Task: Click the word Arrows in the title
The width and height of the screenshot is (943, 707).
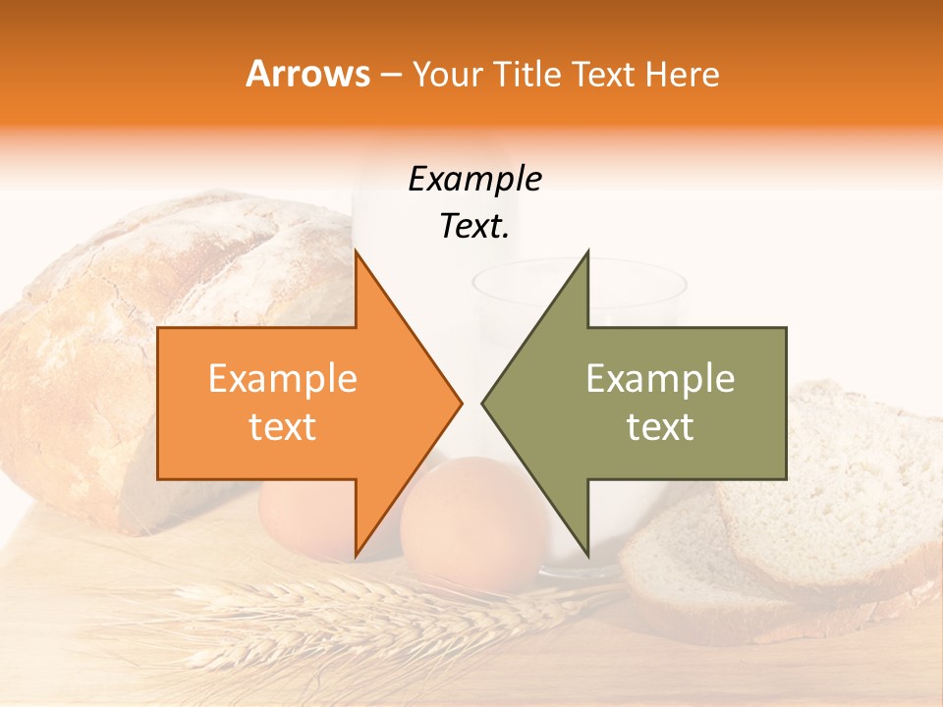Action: (307, 74)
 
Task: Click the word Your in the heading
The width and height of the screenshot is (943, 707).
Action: (446, 74)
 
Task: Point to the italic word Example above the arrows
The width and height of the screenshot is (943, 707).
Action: (474, 180)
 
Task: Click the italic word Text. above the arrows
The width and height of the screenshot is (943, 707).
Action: (474, 227)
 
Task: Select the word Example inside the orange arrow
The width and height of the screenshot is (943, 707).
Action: (283, 379)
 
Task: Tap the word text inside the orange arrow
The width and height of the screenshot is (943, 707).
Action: (283, 427)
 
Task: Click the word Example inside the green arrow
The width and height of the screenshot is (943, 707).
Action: (660, 379)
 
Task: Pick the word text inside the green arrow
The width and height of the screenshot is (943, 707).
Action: (660, 427)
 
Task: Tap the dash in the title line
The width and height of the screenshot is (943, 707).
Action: (390, 76)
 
